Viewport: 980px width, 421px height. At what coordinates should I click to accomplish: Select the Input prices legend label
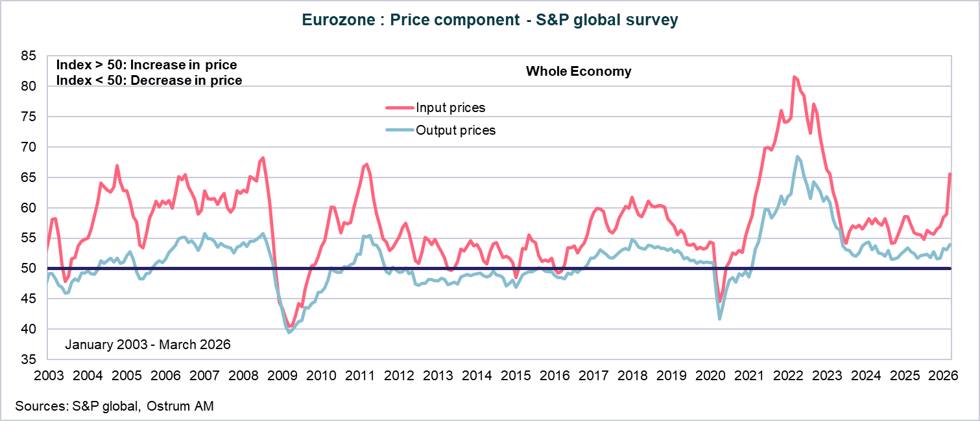tap(450, 108)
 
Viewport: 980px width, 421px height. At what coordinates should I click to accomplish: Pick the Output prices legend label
tap(455, 130)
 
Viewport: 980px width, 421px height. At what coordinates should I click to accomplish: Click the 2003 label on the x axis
tap(48, 375)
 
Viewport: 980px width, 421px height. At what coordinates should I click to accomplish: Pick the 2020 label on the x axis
tap(711, 375)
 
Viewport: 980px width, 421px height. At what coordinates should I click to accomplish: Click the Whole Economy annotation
tap(579, 71)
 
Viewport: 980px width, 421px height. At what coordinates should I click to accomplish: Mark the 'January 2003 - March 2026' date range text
tap(148, 345)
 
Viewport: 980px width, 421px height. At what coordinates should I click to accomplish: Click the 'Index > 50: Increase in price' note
tap(147, 65)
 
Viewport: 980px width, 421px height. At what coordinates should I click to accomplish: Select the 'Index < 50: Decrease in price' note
tap(149, 80)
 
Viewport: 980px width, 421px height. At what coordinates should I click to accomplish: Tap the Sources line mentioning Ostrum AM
tap(114, 406)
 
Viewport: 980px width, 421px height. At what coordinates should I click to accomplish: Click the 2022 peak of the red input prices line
tap(795, 77)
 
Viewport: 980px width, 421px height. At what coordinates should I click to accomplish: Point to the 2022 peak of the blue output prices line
tap(798, 157)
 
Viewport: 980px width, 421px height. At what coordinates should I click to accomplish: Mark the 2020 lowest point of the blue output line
tap(720, 319)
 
